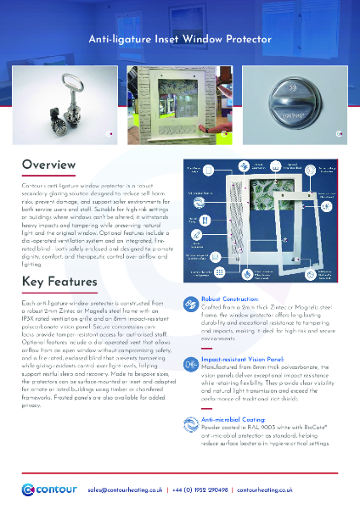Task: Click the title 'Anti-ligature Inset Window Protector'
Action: coord(180,40)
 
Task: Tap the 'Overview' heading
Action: coord(53,164)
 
